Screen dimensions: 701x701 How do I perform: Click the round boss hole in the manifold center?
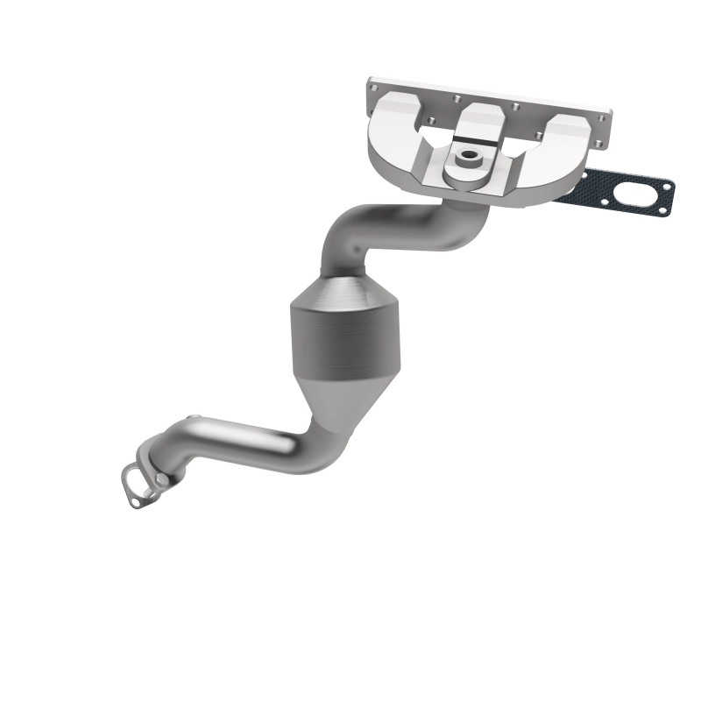(470, 157)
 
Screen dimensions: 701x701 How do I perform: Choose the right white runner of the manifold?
(561, 145)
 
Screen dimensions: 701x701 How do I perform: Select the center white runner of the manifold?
(478, 123)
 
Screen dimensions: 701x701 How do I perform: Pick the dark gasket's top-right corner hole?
(669, 185)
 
